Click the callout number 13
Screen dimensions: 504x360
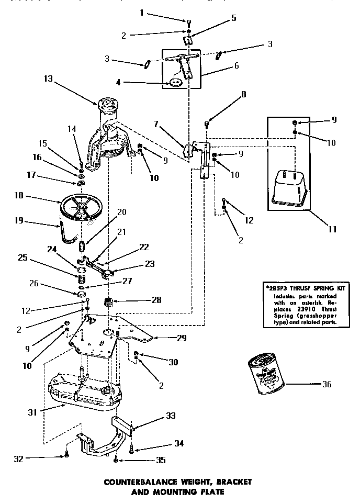(x=48, y=79)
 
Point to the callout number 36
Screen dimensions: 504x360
(x=327, y=384)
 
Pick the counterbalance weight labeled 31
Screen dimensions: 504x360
(x=84, y=390)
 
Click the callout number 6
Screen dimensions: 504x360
(x=236, y=66)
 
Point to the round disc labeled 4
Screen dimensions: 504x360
(x=176, y=82)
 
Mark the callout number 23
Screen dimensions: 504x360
(x=150, y=264)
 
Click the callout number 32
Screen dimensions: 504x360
(x=19, y=459)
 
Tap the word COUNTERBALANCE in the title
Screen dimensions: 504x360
(x=141, y=480)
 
